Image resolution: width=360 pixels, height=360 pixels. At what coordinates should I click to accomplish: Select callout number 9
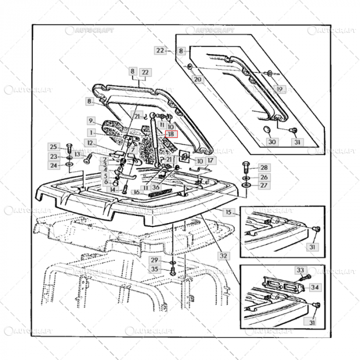(91, 121)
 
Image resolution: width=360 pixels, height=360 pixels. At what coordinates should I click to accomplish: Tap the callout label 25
(54, 147)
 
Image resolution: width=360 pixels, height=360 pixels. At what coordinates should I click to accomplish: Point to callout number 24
(54, 166)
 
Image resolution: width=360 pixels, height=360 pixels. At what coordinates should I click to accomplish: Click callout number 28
(263, 168)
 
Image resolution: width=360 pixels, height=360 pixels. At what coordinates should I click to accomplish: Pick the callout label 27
(263, 185)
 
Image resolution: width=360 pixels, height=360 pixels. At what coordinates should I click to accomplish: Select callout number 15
(228, 212)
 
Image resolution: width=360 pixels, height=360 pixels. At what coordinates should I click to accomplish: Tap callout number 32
(223, 256)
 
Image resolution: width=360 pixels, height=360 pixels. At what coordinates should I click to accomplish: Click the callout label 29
(154, 260)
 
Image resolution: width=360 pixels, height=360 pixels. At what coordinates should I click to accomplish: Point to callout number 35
(154, 269)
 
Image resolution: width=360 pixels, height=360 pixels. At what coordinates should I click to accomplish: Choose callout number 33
(300, 269)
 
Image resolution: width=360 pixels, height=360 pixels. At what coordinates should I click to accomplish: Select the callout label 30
(272, 141)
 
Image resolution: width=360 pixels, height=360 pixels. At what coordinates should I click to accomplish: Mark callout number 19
(280, 89)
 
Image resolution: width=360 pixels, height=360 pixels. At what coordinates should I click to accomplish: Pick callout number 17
(211, 160)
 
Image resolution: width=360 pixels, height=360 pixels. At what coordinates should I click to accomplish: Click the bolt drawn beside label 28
(245, 168)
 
